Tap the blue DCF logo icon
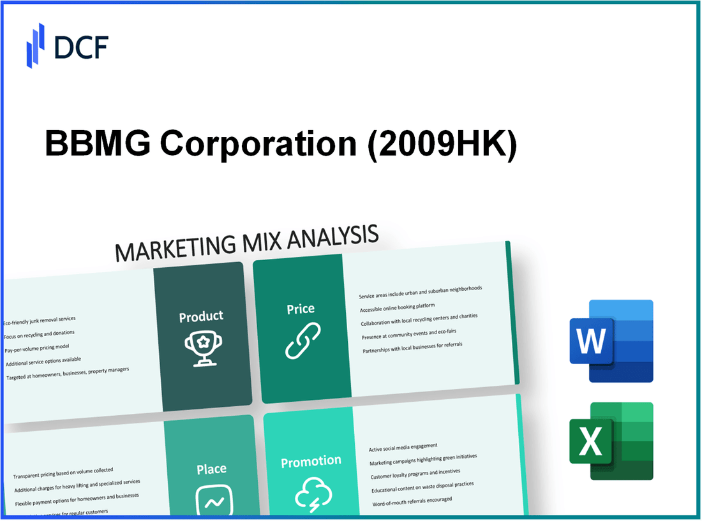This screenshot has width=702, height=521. tap(36, 45)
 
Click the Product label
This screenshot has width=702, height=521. tap(201, 316)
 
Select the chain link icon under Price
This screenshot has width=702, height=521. tap(302, 341)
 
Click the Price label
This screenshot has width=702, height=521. tap(301, 309)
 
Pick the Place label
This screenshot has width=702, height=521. tap(211, 469)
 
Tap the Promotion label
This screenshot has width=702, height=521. tap(311, 461)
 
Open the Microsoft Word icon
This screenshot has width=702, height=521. tap(611, 341)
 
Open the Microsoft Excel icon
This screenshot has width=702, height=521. tap(611, 441)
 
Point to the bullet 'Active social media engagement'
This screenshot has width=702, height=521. tap(403, 447)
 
